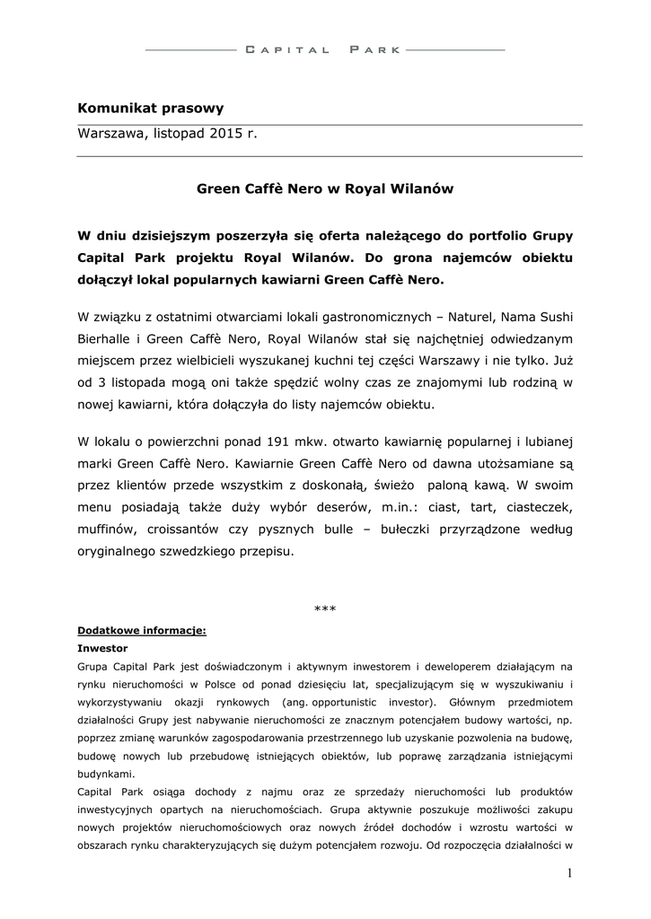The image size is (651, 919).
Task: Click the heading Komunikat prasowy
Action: point(150,108)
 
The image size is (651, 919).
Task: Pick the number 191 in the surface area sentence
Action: point(281,442)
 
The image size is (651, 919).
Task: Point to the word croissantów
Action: point(181,530)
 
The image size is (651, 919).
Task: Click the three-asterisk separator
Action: point(325,609)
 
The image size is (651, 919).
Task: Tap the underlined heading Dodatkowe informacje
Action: point(142,630)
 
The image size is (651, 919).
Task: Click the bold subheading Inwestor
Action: point(102,647)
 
